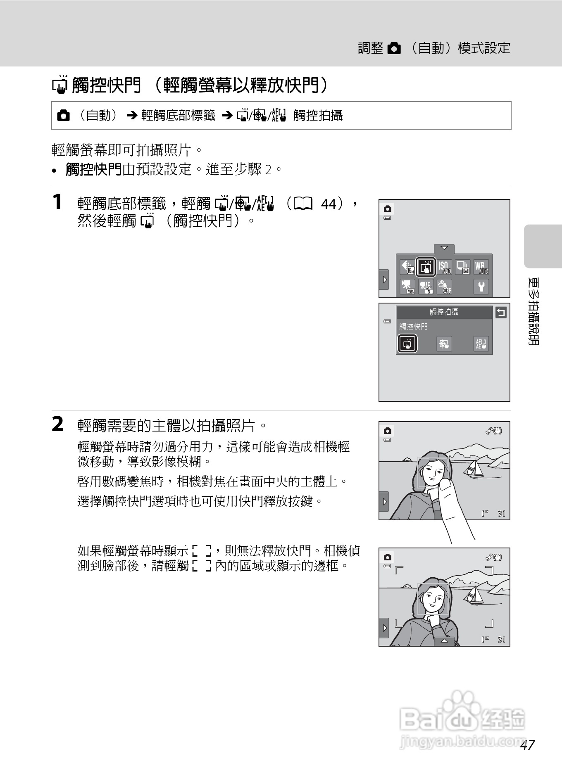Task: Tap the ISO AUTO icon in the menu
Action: pos(445,267)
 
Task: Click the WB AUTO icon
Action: pos(481,267)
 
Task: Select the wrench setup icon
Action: pos(481,286)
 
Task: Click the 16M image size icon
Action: pos(408,267)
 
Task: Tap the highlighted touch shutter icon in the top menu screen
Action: pos(426,267)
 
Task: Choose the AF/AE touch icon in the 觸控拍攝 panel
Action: pos(481,344)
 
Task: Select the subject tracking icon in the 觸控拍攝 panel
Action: pos(444,344)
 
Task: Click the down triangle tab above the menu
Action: pos(444,248)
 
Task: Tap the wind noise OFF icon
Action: pos(445,286)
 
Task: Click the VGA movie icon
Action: pos(408,286)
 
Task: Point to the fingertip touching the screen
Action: pos(445,485)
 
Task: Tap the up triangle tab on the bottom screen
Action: pos(444,641)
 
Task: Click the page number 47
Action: pos(528,745)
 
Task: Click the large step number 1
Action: pos(57,202)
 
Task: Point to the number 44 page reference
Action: pos(329,204)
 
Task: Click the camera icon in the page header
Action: pos(395,49)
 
